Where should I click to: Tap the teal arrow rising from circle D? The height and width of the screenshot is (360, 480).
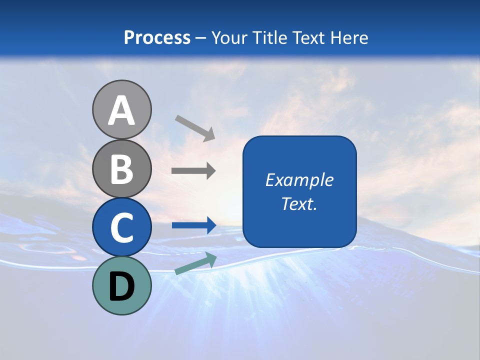tap(195, 263)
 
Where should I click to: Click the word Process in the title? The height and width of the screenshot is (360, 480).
tap(157, 37)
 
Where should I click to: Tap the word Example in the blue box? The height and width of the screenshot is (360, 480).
tap(299, 180)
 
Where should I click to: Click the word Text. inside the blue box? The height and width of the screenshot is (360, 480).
tap(299, 203)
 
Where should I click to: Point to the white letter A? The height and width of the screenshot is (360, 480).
tap(121, 110)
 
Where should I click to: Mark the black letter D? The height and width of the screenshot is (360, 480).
tap(121, 286)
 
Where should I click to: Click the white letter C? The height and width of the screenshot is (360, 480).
tap(121, 228)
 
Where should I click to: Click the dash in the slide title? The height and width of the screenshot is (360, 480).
tap(201, 38)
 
